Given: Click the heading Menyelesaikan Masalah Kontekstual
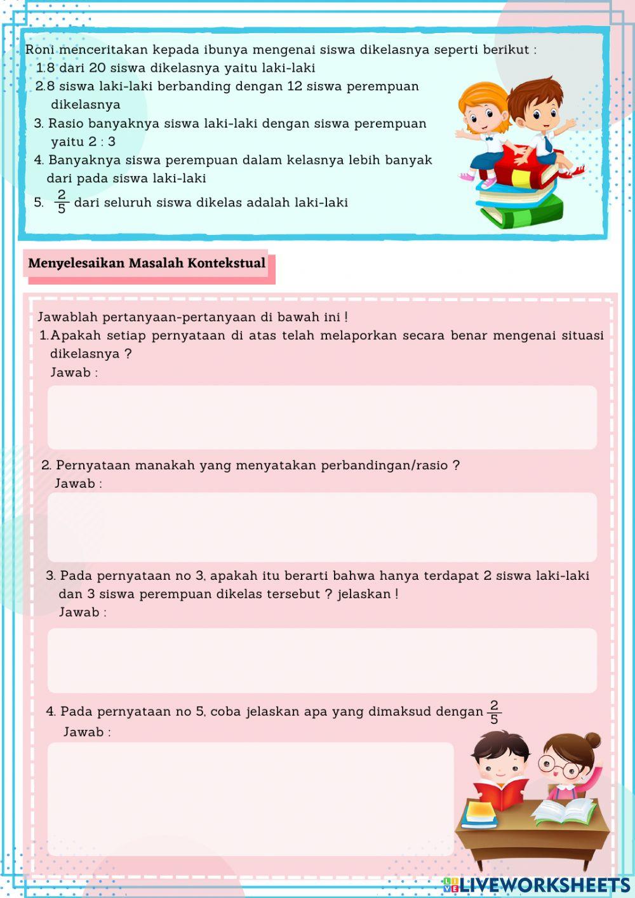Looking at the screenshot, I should (x=147, y=263).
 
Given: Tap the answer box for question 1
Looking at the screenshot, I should (x=322, y=417).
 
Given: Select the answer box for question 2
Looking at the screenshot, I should (x=322, y=526).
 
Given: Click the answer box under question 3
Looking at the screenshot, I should (x=322, y=660).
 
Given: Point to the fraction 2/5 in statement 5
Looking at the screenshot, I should (x=62, y=202).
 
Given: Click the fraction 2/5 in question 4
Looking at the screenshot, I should (x=494, y=713).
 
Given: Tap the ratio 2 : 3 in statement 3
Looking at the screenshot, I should (x=102, y=142).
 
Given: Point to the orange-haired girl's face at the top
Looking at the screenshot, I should (x=481, y=114).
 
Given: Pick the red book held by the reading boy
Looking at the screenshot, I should (x=502, y=794).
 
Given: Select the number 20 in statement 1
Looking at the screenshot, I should (x=97, y=68).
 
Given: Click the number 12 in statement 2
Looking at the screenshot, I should (x=294, y=86).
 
